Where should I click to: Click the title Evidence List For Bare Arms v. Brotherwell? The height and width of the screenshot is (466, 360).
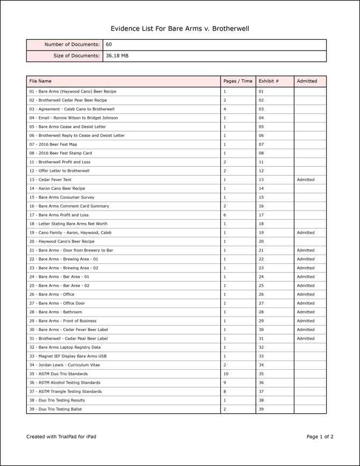[180, 28]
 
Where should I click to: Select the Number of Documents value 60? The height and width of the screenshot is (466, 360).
[109, 45]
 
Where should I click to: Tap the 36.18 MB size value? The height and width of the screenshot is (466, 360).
[117, 56]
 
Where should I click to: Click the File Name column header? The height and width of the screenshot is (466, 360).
[41, 81]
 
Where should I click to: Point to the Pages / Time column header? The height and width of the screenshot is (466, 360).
[237, 81]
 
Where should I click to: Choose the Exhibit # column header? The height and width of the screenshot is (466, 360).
[269, 81]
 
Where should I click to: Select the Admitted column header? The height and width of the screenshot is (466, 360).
[307, 81]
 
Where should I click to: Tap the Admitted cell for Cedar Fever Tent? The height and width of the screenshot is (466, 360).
[306, 180]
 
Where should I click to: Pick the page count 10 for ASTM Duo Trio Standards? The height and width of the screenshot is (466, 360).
[226, 374]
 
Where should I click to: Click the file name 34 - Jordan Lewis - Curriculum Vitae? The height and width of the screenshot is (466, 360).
[64, 365]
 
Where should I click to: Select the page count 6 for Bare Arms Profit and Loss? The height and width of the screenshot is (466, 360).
[225, 215]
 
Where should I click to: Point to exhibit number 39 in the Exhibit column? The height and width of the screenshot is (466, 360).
[261, 409]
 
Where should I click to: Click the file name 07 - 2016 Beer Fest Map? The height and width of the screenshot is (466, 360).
[53, 144]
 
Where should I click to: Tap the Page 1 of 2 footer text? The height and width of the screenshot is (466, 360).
[320, 437]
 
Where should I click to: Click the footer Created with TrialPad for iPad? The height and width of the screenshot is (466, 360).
[61, 437]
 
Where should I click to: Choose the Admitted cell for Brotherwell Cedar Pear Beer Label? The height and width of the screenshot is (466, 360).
[306, 339]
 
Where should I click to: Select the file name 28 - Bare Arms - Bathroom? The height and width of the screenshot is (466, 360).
[56, 312]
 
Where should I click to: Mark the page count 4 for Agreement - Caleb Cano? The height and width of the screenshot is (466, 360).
[225, 109]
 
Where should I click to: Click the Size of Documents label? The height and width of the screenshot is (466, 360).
[76, 56]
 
